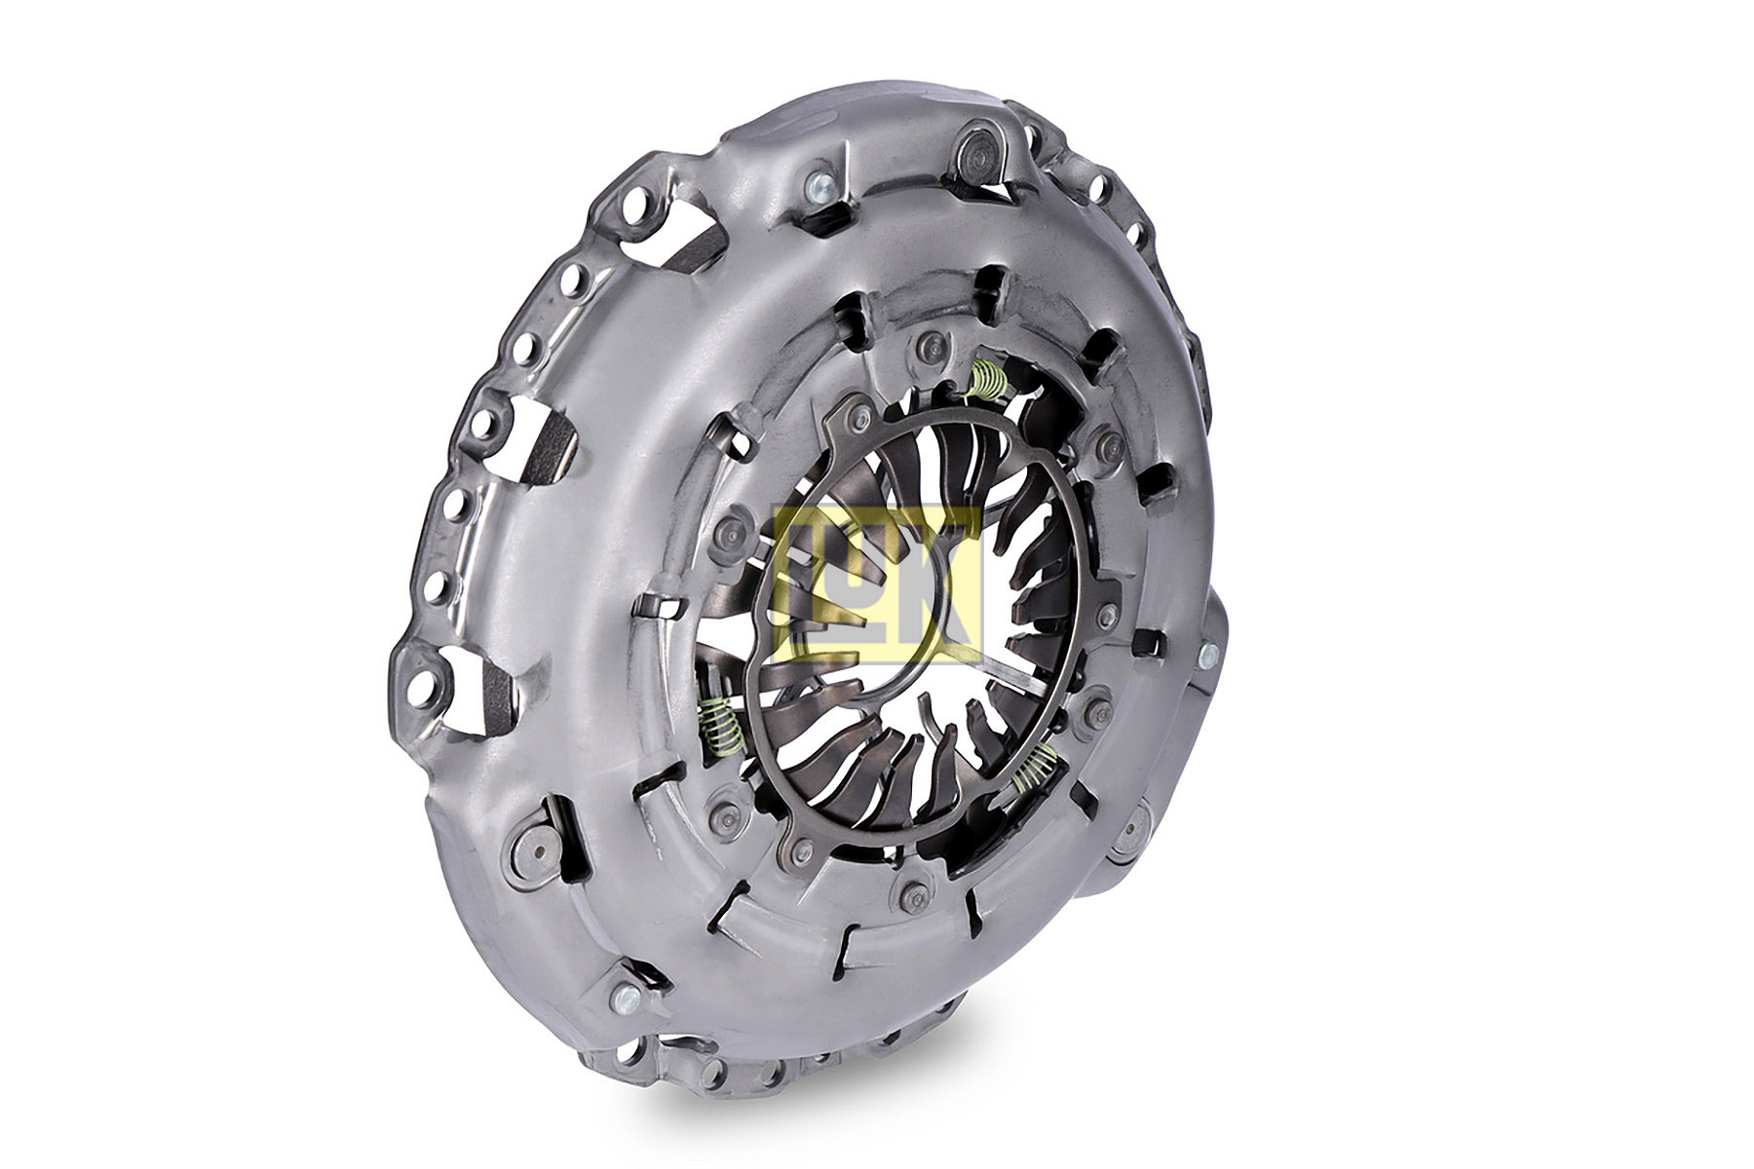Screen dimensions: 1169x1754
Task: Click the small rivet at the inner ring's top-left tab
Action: (858, 418)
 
